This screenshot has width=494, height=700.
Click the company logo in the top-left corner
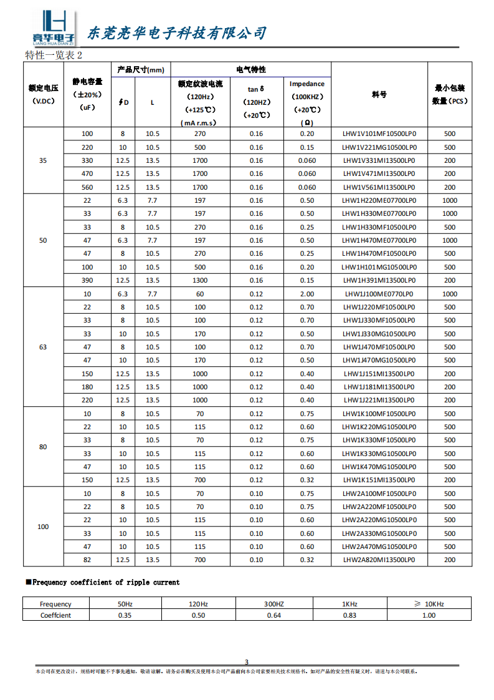pyautogui.click(x=54, y=29)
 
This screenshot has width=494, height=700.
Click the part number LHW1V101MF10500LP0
pyautogui.click(x=379, y=134)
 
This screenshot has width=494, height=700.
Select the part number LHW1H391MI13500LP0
pyautogui.click(x=379, y=281)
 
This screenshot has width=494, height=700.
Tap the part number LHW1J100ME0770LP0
pyautogui.click(x=379, y=294)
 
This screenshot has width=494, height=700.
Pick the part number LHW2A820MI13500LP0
pyautogui.click(x=379, y=560)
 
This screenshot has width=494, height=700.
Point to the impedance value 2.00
pyautogui.click(x=306, y=294)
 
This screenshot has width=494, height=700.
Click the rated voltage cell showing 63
pyautogui.click(x=43, y=347)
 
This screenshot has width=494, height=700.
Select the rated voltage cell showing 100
pyautogui.click(x=43, y=527)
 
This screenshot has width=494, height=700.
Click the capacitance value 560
pyautogui.click(x=87, y=187)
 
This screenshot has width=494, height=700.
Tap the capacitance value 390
pyautogui.click(x=87, y=281)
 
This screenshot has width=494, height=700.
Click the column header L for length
pyautogui.click(x=152, y=103)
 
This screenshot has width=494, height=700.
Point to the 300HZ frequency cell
pyautogui.click(x=273, y=604)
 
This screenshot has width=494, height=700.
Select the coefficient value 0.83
pyautogui.click(x=350, y=615)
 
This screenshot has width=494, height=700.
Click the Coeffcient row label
pyautogui.click(x=55, y=615)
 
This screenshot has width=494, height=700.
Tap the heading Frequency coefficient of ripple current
pyautogui.click(x=105, y=583)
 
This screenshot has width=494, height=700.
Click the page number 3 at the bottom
pyautogui.click(x=246, y=662)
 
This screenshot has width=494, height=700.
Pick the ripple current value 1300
pyautogui.click(x=200, y=281)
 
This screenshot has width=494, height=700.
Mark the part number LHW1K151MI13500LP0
pyautogui.click(x=379, y=480)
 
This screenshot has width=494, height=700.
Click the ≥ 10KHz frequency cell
pyautogui.click(x=429, y=604)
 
